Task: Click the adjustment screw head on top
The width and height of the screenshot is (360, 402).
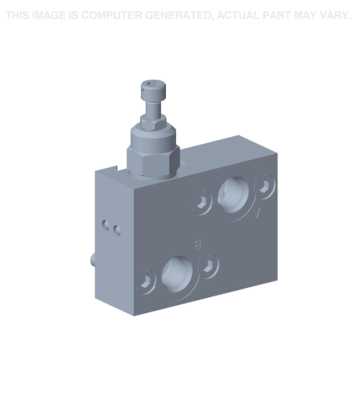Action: (153, 90)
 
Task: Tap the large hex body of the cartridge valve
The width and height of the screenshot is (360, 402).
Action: (152, 154)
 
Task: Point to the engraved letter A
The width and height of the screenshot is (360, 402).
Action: (258, 213)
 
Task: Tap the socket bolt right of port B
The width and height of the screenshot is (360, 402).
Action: (209, 265)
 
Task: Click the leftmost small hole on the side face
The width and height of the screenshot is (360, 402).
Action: (105, 223)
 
